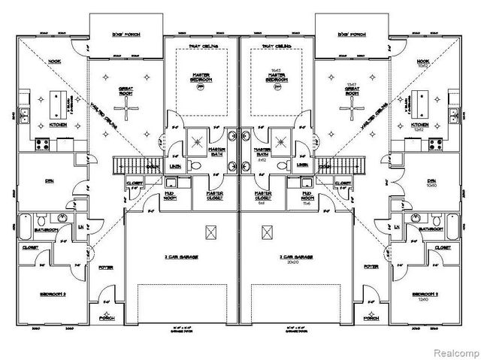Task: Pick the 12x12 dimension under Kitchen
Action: click(421, 130)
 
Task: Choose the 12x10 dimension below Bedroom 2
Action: click(420, 299)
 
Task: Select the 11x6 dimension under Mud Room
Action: click(305, 203)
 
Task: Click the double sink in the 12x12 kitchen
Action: click(455, 115)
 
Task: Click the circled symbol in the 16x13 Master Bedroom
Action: click(277, 88)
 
